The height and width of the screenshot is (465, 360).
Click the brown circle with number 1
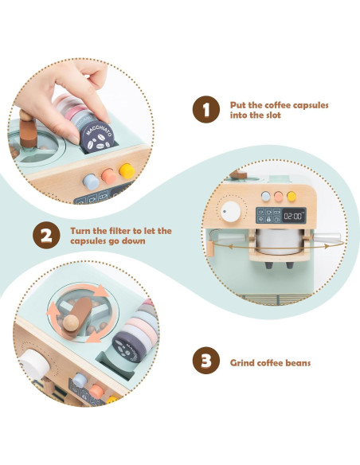[206, 109]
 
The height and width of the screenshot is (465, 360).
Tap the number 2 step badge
[46, 235]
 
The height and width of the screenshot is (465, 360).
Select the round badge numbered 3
[206, 361]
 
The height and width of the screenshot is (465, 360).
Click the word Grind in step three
[242, 363]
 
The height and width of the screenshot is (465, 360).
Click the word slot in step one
[271, 115]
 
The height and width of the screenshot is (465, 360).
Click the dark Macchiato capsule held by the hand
[97, 137]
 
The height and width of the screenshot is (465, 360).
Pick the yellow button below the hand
[127, 171]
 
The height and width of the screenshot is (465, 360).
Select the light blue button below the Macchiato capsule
[91, 182]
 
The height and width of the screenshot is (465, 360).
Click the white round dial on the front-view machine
[231, 212]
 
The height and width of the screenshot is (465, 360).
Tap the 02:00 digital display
[294, 216]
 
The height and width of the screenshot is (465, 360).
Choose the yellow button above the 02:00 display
[292, 196]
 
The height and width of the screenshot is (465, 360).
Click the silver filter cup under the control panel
[280, 241]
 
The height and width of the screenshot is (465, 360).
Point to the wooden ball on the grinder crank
[71, 322]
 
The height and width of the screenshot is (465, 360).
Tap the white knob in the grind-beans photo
[34, 364]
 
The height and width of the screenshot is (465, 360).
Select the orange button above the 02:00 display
[279, 197]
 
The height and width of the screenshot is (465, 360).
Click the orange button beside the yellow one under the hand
[109, 176]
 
